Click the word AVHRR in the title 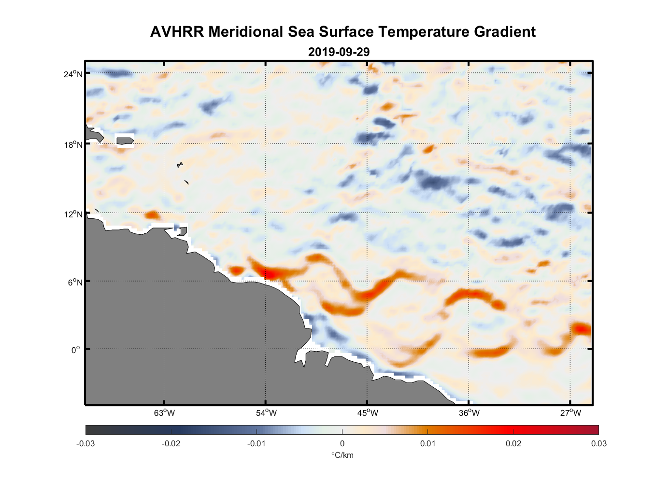(x=177, y=32)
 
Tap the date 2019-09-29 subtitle (x=339, y=52)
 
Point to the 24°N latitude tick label (x=73, y=74)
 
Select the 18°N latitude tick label (x=73, y=144)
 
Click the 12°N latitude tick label (x=73, y=214)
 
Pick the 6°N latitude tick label (x=75, y=282)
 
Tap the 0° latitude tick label (x=76, y=350)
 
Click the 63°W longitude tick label (x=164, y=413)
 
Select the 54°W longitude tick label (x=266, y=413)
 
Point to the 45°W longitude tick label (x=368, y=413)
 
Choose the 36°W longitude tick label (x=469, y=413)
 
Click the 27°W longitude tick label (x=570, y=413)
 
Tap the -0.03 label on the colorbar (x=85, y=443)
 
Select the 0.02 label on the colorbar (x=513, y=443)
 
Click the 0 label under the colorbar (x=342, y=443)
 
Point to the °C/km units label (x=342, y=455)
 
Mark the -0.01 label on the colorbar (x=256, y=443)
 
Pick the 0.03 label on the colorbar (x=598, y=443)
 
